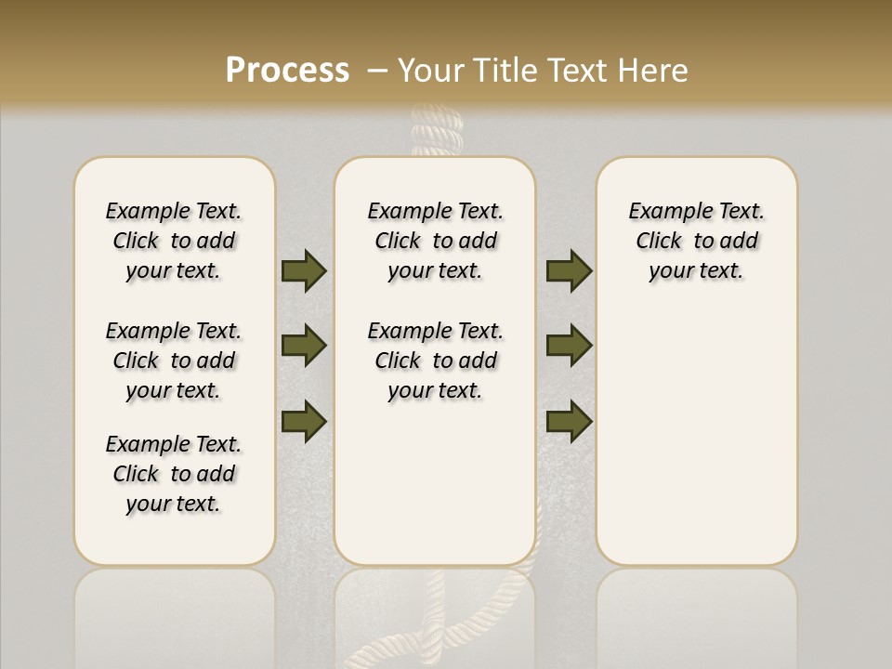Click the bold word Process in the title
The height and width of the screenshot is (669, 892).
[287, 71]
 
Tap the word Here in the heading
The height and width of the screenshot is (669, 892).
[655, 71]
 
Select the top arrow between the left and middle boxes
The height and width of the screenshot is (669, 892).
[304, 270]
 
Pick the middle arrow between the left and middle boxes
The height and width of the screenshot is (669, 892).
[304, 346]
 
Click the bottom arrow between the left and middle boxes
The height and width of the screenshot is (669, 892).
[304, 420]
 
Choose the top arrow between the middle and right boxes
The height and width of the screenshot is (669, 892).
[569, 270]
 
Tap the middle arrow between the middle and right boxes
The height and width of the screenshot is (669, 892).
[569, 346]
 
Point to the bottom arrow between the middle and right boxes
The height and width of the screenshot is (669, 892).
[569, 421]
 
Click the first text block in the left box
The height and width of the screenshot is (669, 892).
[174, 241]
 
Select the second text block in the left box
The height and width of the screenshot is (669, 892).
[174, 361]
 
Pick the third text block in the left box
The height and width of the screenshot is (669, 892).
[174, 474]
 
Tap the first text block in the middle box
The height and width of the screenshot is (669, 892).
[436, 241]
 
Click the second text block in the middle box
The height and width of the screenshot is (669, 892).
[436, 361]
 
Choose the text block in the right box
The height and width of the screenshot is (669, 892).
[697, 241]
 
